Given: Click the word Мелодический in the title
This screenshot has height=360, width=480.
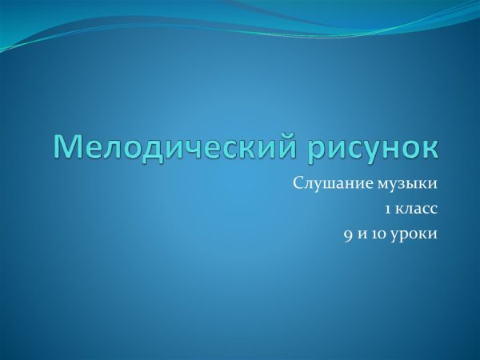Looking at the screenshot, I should point(170,147).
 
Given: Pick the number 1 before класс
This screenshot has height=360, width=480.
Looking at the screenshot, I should point(387,210).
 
